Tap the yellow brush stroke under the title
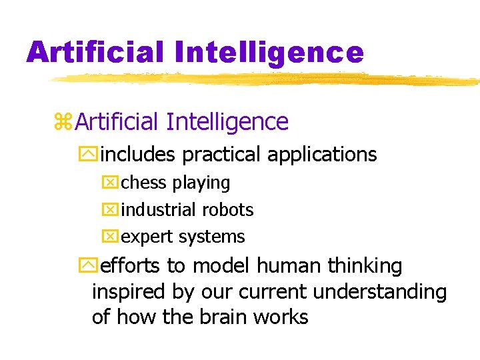pos(267,79)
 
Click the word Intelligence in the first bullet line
pos(227,122)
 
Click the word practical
pos(222,155)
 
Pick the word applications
pos(322,155)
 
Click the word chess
pos(145,183)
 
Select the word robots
pos(229,209)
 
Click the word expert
pos(145,237)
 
